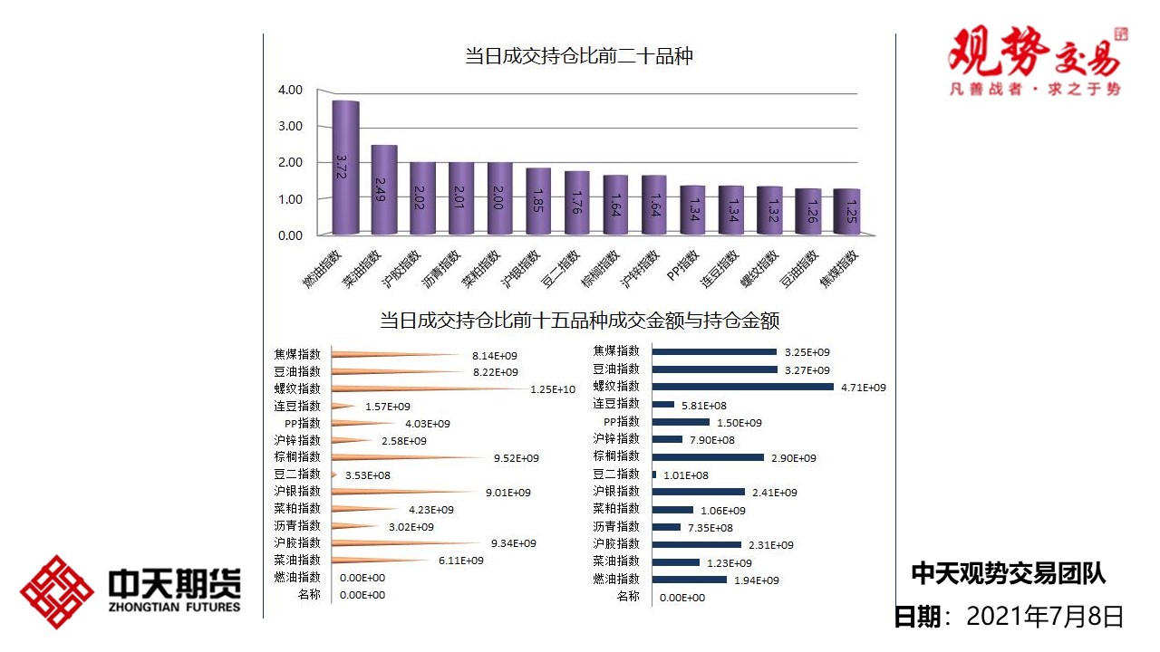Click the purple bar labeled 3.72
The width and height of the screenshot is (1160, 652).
point(345,168)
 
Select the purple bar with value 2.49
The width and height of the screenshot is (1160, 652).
point(384,190)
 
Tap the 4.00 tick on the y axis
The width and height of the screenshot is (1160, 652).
point(290,90)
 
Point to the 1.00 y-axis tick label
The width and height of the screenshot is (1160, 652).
point(290,198)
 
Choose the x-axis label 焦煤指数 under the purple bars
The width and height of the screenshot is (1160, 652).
point(838,270)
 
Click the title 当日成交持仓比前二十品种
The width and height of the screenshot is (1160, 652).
point(579,56)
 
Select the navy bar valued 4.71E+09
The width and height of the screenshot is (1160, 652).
point(743,387)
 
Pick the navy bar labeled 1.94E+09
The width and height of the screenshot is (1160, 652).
point(690,580)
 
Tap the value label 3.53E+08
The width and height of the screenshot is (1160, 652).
point(368,475)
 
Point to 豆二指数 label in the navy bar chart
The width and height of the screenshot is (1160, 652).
point(616,474)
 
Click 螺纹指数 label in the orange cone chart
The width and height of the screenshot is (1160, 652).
point(297,388)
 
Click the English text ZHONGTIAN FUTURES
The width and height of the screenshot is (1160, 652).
point(174,607)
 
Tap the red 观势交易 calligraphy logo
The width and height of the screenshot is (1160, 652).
point(1033,53)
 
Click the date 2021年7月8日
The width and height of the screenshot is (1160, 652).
point(1045,617)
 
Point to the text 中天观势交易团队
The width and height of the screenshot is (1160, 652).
point(1008,573)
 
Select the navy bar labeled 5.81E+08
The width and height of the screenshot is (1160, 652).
point(663,404)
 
